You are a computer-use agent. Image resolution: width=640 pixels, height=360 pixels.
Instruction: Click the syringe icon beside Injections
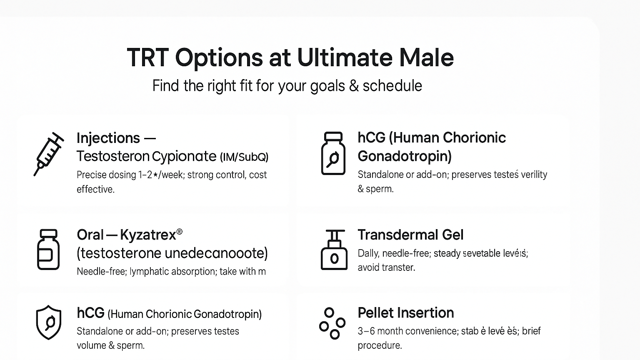click(48, 154)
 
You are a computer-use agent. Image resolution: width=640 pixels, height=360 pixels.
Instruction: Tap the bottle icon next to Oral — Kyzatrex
click(48, 249)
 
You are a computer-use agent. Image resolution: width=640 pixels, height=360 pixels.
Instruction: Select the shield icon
click(49, 322)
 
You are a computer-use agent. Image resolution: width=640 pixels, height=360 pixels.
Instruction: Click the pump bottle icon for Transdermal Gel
click(334, 250)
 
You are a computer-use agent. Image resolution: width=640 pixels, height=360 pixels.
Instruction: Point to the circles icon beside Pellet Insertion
click(332, 323)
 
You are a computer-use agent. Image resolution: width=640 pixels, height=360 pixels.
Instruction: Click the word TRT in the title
click(147, 57)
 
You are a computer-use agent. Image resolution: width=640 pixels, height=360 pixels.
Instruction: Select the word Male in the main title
click(426, 57)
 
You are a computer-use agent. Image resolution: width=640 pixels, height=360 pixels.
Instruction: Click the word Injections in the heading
click(108, 138)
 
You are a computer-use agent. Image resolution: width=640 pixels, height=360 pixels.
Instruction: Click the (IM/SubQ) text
click(244, 157)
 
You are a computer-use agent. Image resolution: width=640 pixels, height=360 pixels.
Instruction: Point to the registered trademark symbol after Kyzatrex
click(180, 231)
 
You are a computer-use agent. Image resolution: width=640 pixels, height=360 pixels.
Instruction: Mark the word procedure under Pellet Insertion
click(379, 345)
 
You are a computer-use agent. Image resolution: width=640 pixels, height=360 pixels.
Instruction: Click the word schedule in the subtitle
click(392, 86)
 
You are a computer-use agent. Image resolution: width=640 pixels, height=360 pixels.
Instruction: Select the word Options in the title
click(219, 57)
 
